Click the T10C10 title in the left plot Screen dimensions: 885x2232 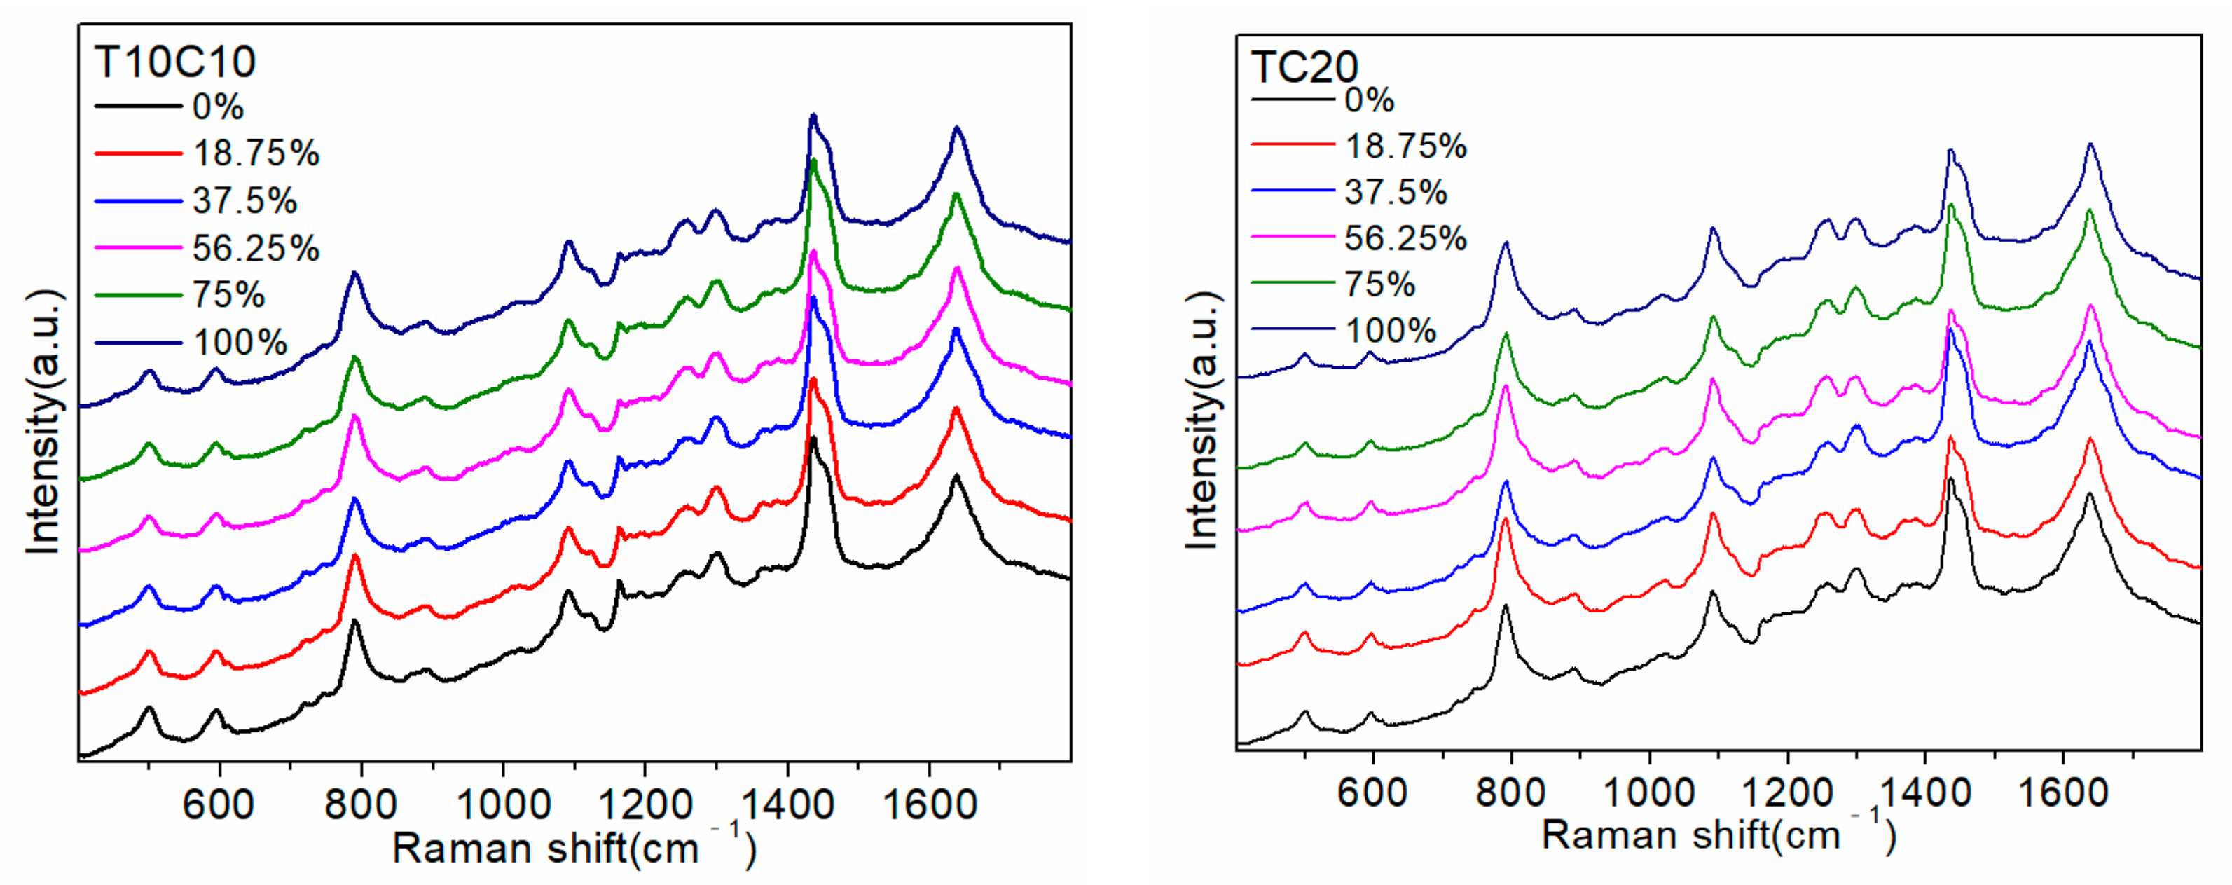click(x=175, y=62)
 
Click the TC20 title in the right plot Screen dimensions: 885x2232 click(x=1304, y=67)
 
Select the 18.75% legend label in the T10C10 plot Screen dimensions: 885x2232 click(x=256, y=153)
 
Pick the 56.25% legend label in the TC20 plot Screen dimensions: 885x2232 click(x=1405, y=238)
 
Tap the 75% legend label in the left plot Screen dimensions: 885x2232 click(x=228, y=295)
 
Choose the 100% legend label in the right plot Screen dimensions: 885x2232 click(x=1390, y=330)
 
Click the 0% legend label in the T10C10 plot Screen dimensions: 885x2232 click(x=217, y=107)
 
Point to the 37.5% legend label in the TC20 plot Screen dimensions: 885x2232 click(x=1395, y=191)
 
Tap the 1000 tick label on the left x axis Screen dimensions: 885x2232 click(x=502, y=804)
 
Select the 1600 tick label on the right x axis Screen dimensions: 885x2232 click(x=2063, y=793)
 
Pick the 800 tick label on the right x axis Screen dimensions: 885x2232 click(x=1510, y=793)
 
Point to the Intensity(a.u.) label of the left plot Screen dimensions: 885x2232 click(x=43, y=422)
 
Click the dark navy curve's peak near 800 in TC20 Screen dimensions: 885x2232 click(x=1505, y=245)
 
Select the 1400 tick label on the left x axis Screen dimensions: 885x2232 click(x=787, y=804)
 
